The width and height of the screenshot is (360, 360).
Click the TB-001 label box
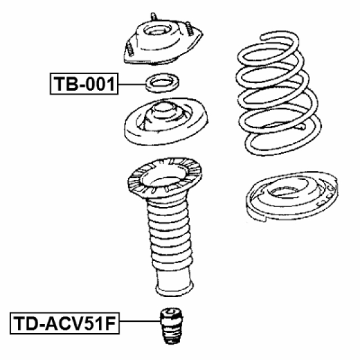pyautogui.click(x=84, y=84)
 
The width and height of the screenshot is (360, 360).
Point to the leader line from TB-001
pyautogui.click(x=132, y=84)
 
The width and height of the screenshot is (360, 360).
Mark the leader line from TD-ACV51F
pyautogui.click(x=138, y=322)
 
